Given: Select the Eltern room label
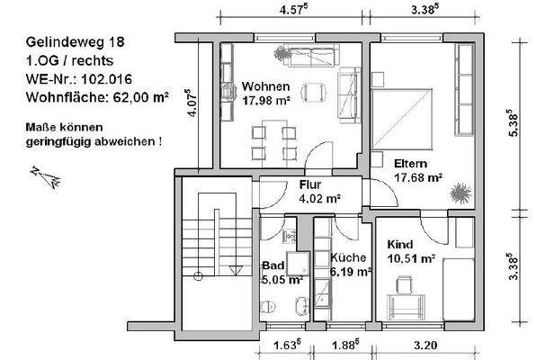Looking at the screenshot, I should pyautogui.click(x=410, y=164).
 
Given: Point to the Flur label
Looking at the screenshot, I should pyautogui.click(x=310, y=185).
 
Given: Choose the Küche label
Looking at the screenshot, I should pyautogui.click(x=348, y=256).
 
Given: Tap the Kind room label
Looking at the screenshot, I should pyautogui.click(x=400, y=245).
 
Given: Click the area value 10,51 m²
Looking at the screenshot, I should pyautogui.click(x=411, y=258).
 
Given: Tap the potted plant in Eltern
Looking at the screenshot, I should pyautogui.click(x=461, y=193).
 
